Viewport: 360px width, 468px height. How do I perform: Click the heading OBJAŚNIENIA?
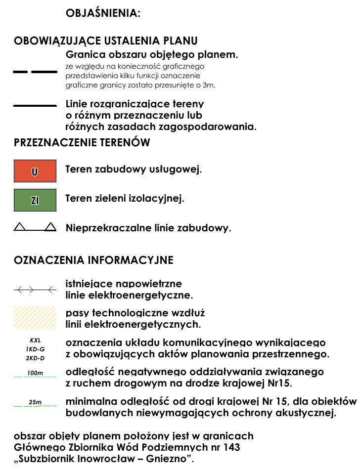[103, 13]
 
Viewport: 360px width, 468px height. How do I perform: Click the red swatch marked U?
[35, 171]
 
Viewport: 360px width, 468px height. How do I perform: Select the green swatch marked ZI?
[35, 200]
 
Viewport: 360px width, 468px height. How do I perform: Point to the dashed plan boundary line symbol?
[35, 72]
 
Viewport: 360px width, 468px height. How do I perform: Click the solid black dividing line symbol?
[35, 105]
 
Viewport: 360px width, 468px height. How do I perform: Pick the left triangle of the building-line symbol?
[19, 227]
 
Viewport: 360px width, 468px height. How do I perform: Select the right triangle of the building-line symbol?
[50, 227]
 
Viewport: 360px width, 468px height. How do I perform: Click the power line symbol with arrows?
[35, 290]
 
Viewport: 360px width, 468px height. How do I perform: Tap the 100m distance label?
[35, 373]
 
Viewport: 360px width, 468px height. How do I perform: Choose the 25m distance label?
[35, 402]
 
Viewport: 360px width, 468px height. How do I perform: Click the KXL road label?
[35, 340]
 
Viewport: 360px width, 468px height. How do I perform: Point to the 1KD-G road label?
[35, 349]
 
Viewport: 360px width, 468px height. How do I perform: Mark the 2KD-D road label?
[35, 358]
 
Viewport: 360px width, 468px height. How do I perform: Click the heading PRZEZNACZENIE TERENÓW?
[82, 143]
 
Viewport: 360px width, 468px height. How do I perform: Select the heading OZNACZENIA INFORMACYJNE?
[93, 260]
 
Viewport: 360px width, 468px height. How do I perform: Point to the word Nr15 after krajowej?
[279, 383]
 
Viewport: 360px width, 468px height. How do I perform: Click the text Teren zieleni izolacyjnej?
[125, 199]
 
